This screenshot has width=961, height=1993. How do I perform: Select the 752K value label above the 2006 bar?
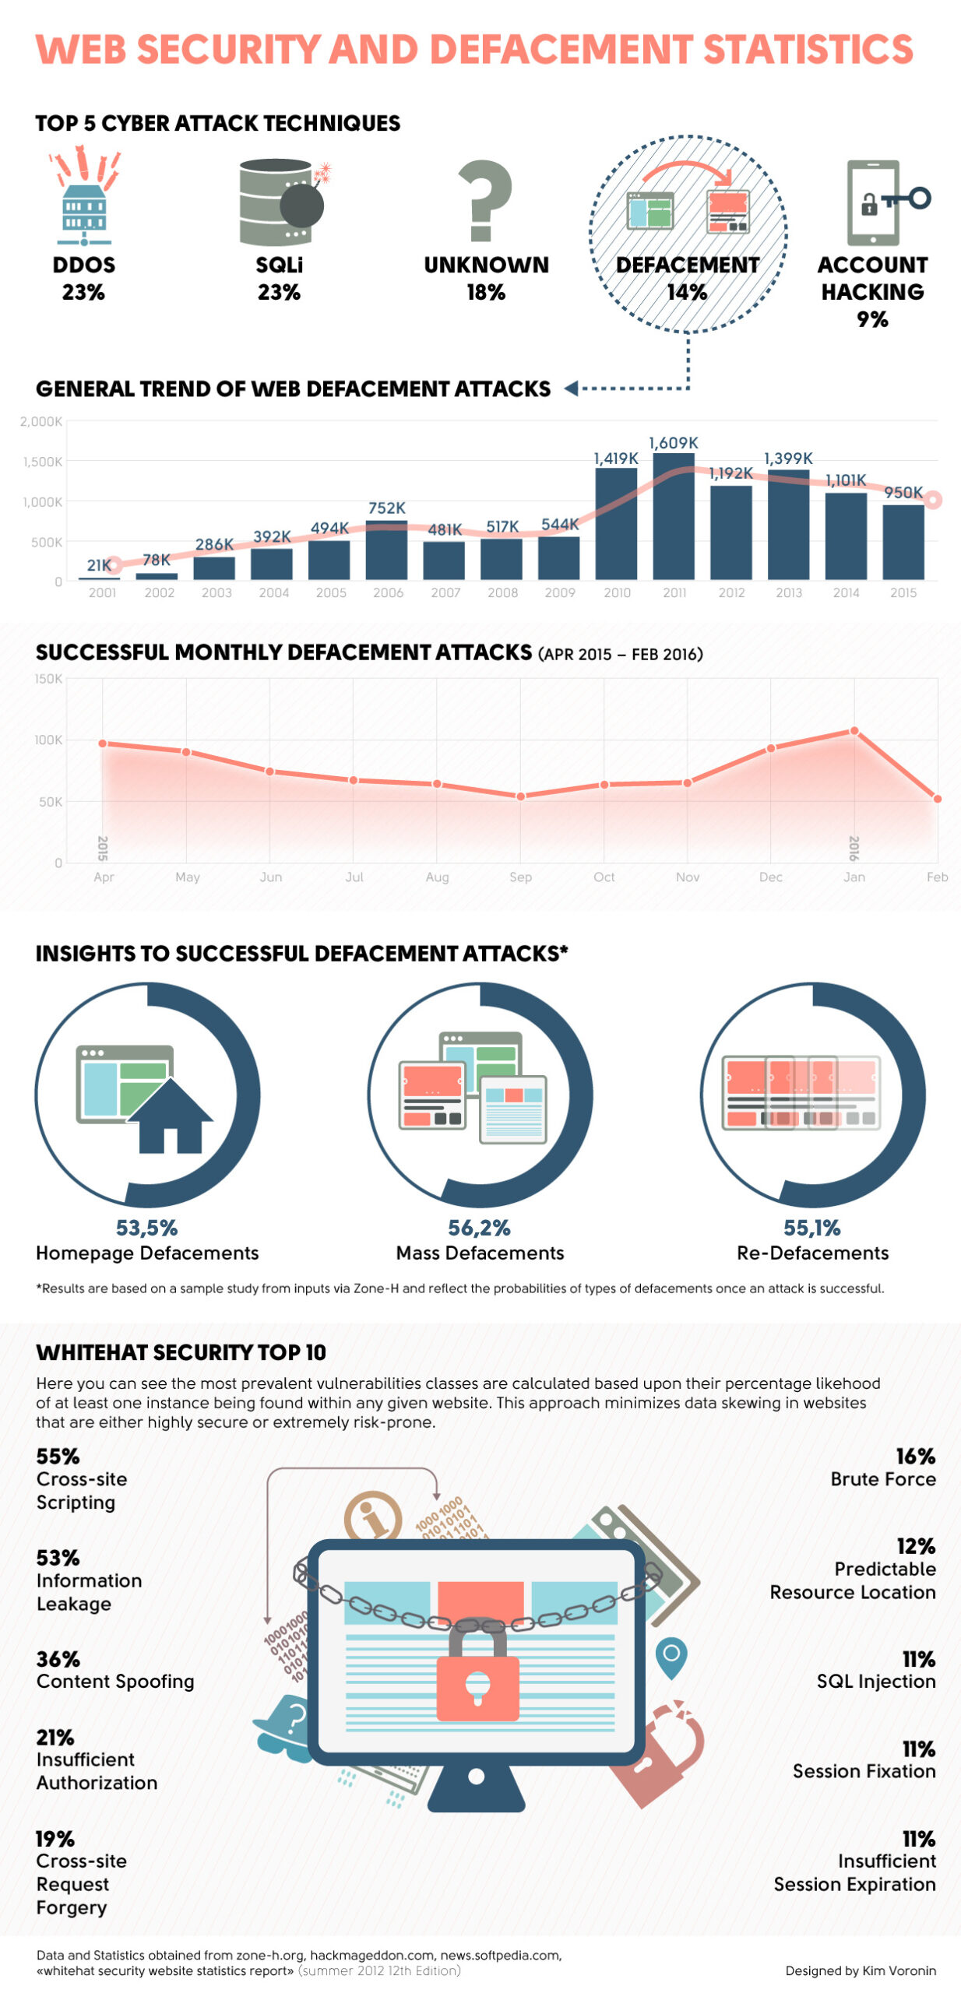386,508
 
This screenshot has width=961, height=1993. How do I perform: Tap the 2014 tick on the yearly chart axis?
845,592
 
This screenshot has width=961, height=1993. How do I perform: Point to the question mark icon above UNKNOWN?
484,200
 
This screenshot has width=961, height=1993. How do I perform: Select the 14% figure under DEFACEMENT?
686,292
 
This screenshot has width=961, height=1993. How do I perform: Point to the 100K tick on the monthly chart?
48,739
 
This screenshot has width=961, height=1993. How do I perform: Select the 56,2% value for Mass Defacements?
479,1227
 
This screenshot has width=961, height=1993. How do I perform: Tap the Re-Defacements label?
811,1252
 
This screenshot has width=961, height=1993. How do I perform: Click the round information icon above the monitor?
372,1515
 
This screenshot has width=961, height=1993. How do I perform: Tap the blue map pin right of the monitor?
671,1656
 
